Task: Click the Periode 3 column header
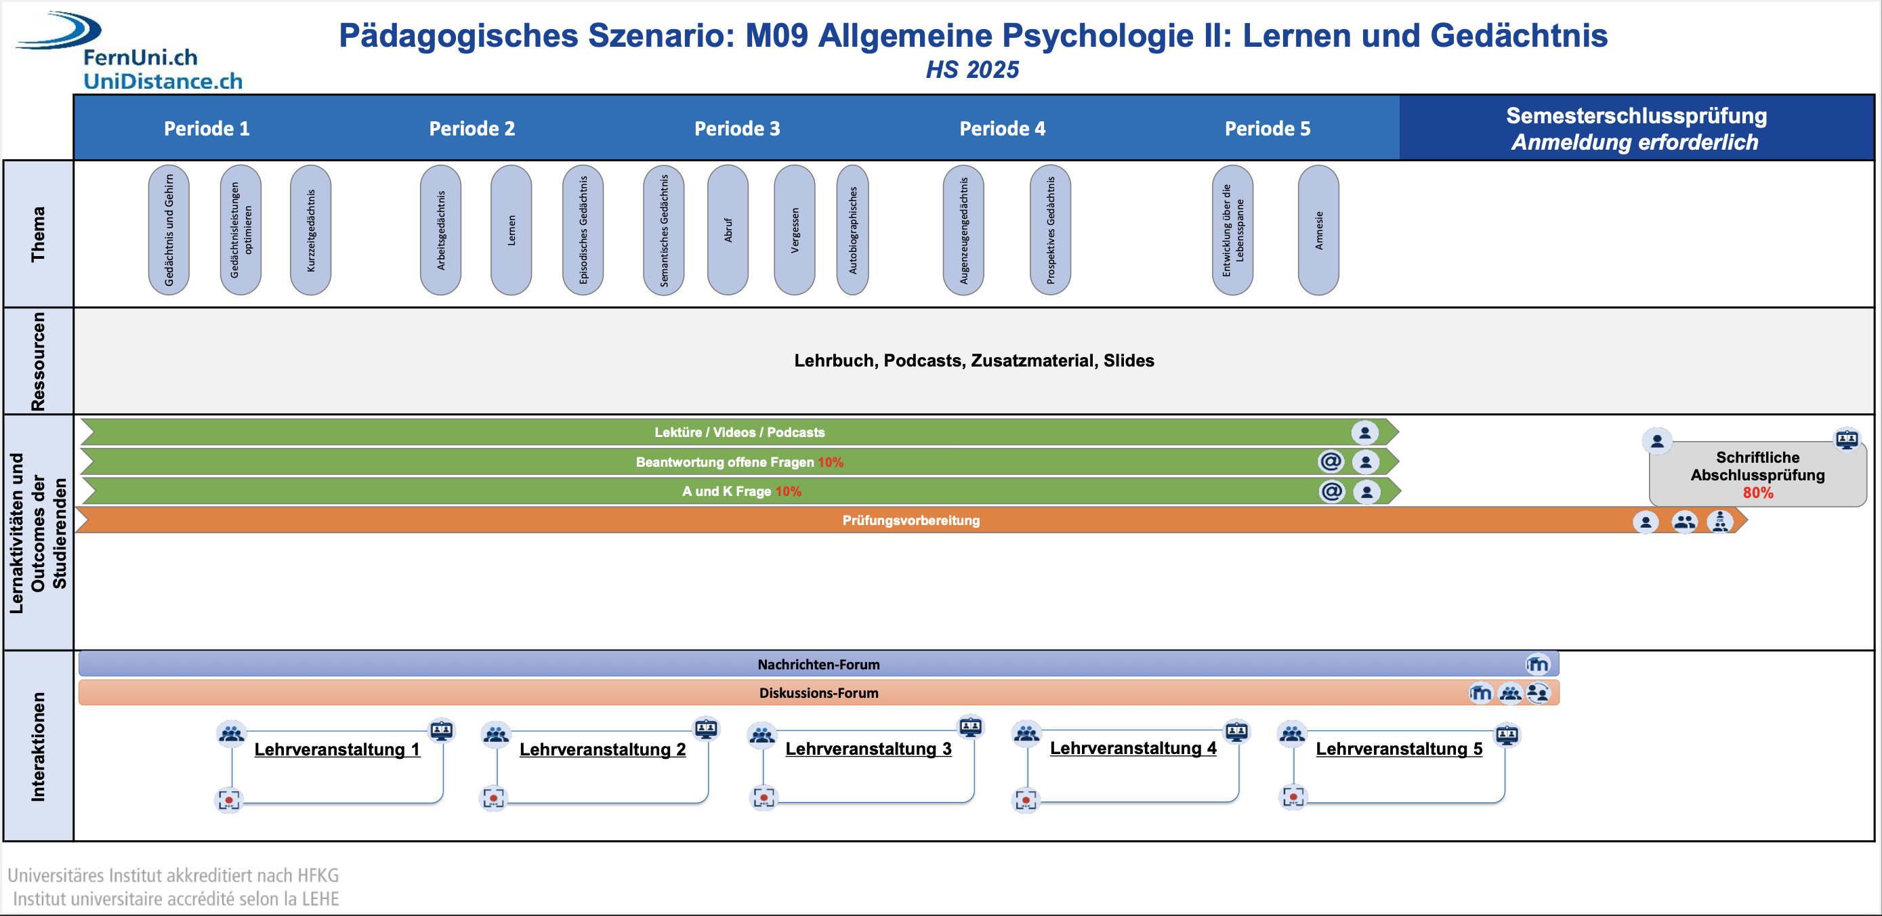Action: tap(736, 129)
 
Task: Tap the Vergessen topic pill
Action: tap(794, 230)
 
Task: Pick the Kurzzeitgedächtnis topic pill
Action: tap(310, 230)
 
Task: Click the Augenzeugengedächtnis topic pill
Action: tap(963, 230)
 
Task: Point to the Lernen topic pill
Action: tap(511, 230)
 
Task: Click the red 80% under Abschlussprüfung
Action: tap(1757, 493)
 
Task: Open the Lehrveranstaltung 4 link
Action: tap(1133, 748)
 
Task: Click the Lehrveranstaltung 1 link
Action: tap(337, 749)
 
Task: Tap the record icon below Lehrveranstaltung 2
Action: tap(494, 797)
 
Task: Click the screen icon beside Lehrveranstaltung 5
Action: tap(1507, 734)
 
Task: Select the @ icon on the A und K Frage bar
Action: tap(1331, 491)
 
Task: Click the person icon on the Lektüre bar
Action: tap(1364, 432)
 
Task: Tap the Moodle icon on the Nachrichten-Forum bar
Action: tap(1537, 664)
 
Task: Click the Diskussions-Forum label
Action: tap(818, 692)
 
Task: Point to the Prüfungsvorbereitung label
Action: tap(911, 520)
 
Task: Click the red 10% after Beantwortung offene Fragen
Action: tap(830, 461)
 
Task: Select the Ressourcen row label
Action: tap(38, 362)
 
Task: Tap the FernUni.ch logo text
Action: tap(140, 57)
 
